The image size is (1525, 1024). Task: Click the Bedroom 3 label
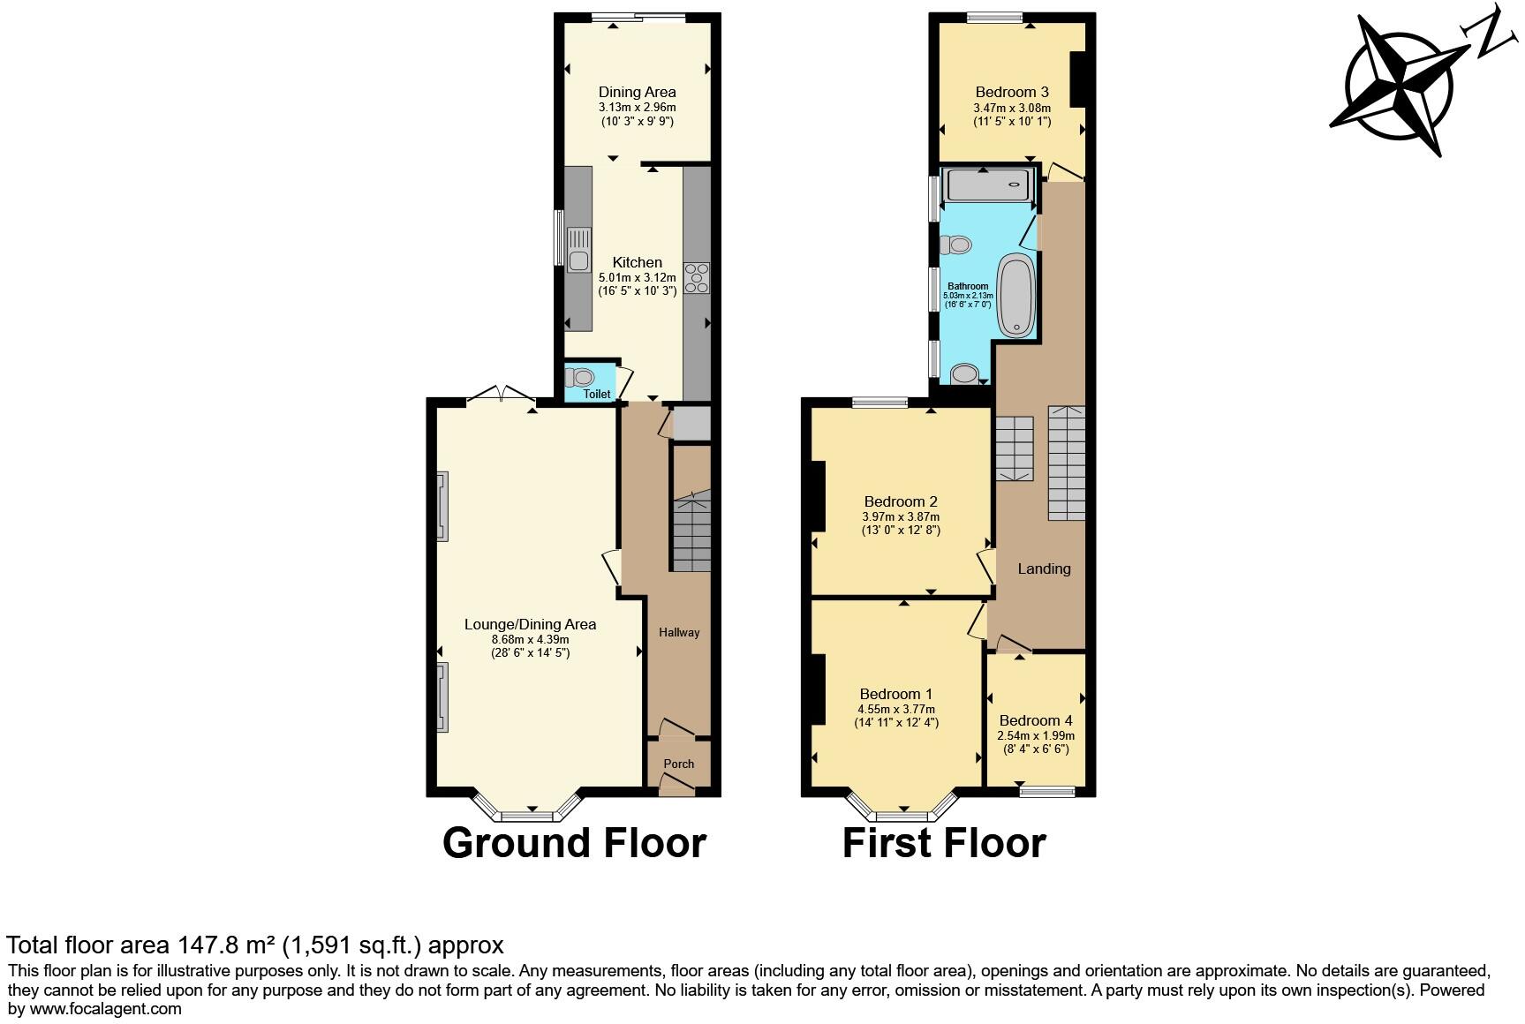pos(1012,92)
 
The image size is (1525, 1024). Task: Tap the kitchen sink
pos(579,250)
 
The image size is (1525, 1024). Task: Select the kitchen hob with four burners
pos(697,277)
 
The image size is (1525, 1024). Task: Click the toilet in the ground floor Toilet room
pos(581,378)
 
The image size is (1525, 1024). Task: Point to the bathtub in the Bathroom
pos(1016,296)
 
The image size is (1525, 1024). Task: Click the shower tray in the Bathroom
pos(988,185)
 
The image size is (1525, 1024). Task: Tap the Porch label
pos(679,764)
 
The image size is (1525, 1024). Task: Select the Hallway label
pos(679,632)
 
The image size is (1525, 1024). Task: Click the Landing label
pos(1044,568)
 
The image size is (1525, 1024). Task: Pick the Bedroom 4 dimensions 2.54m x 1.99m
pos(1036,735)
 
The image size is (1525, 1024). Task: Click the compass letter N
pos(1491,35)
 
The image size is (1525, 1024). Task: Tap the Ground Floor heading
pos(574,842)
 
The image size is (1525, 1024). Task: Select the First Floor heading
pos(944,842)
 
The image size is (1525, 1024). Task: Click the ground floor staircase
pos(691,533)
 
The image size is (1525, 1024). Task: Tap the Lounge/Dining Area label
pos(530,624)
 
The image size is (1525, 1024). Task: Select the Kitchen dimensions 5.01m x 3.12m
pos(637,277)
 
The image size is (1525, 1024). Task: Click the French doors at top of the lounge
pos(501,395)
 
